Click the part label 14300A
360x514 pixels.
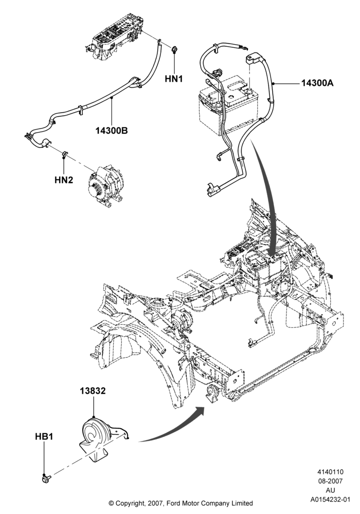click(317, 83)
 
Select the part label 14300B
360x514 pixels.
click(112, 131)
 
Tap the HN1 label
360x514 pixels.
click(174, 79)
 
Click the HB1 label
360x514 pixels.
click(44, 436)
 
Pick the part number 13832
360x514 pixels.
click(93, 391)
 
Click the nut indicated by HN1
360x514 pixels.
click(174, 50)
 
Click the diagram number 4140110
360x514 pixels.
click(330, 472)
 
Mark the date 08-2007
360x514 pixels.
click(330, 481)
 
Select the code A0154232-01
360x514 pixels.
click(330, 500)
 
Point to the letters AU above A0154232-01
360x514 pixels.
click(330, 490)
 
